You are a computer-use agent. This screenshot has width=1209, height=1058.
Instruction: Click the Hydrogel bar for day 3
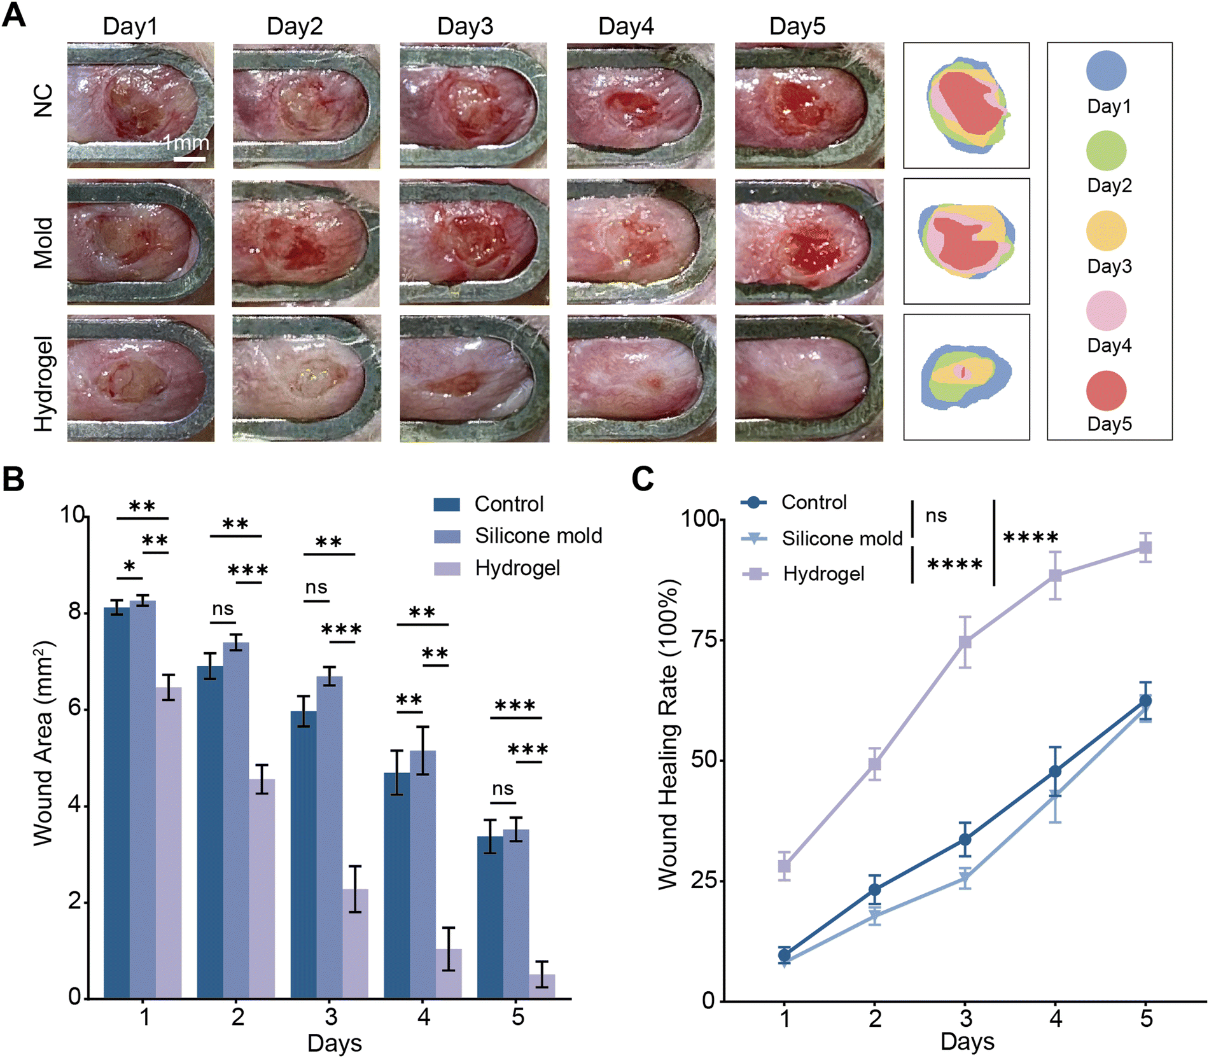pyautogui.click(x=355, y=943)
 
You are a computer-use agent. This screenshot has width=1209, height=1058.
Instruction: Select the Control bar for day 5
pyautogui.click(x=490, y=917)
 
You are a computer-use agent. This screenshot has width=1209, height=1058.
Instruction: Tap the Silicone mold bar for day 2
pyautogui.click(x=236, y=821)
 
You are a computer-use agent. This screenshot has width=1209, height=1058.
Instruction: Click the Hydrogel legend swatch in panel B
pyautogui.click(x=447, y=568)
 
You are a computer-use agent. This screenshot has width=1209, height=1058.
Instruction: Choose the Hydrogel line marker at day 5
pyautogui.click(x=1145, y=547)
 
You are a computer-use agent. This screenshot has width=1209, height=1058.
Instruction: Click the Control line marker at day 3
pyautogui.click(x=965, y=840)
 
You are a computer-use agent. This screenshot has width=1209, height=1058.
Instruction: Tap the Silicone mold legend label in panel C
pyautogui.click(x=842, y=539)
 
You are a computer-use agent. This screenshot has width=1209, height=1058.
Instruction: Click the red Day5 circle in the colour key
pyautogui.click(x=1107, y=391)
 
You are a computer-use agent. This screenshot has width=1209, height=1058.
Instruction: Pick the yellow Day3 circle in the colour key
pyautogui.click(x=1107, y=230)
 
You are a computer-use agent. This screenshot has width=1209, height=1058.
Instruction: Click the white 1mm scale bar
pyautogui.click(x=190, y=158)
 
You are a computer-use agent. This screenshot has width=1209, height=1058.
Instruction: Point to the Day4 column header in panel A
pyautogui.click(x=626, y=26)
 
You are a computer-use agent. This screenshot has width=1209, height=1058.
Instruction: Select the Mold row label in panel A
pyautogui.click(x=43, y=243)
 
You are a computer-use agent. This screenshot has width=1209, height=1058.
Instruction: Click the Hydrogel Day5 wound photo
pyautogui.click(x=809, y=379)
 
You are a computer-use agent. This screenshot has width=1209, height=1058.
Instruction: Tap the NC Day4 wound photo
pyautogui.click(x=641, y=106)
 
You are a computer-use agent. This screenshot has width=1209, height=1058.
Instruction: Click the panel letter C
pyautogui.click(x=643, y=478)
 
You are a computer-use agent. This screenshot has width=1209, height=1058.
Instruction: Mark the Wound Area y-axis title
pyautogui.click(x=43, y=744)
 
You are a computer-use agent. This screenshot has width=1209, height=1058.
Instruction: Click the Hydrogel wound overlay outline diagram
pyautogui.click(x=966, y=377)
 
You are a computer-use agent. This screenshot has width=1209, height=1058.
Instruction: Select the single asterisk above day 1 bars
pyautogui.click(x=130, y=566)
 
